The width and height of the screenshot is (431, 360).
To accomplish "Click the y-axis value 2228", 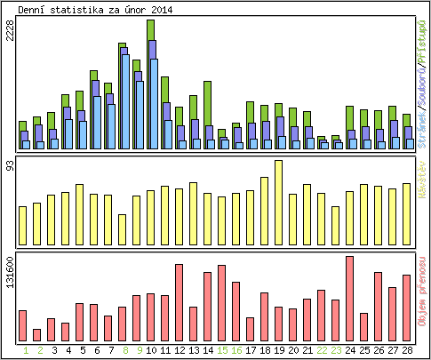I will pos(10,31).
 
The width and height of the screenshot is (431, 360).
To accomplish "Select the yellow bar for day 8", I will pos(122,230).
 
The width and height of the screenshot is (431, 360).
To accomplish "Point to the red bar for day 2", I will pos(36,335).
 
